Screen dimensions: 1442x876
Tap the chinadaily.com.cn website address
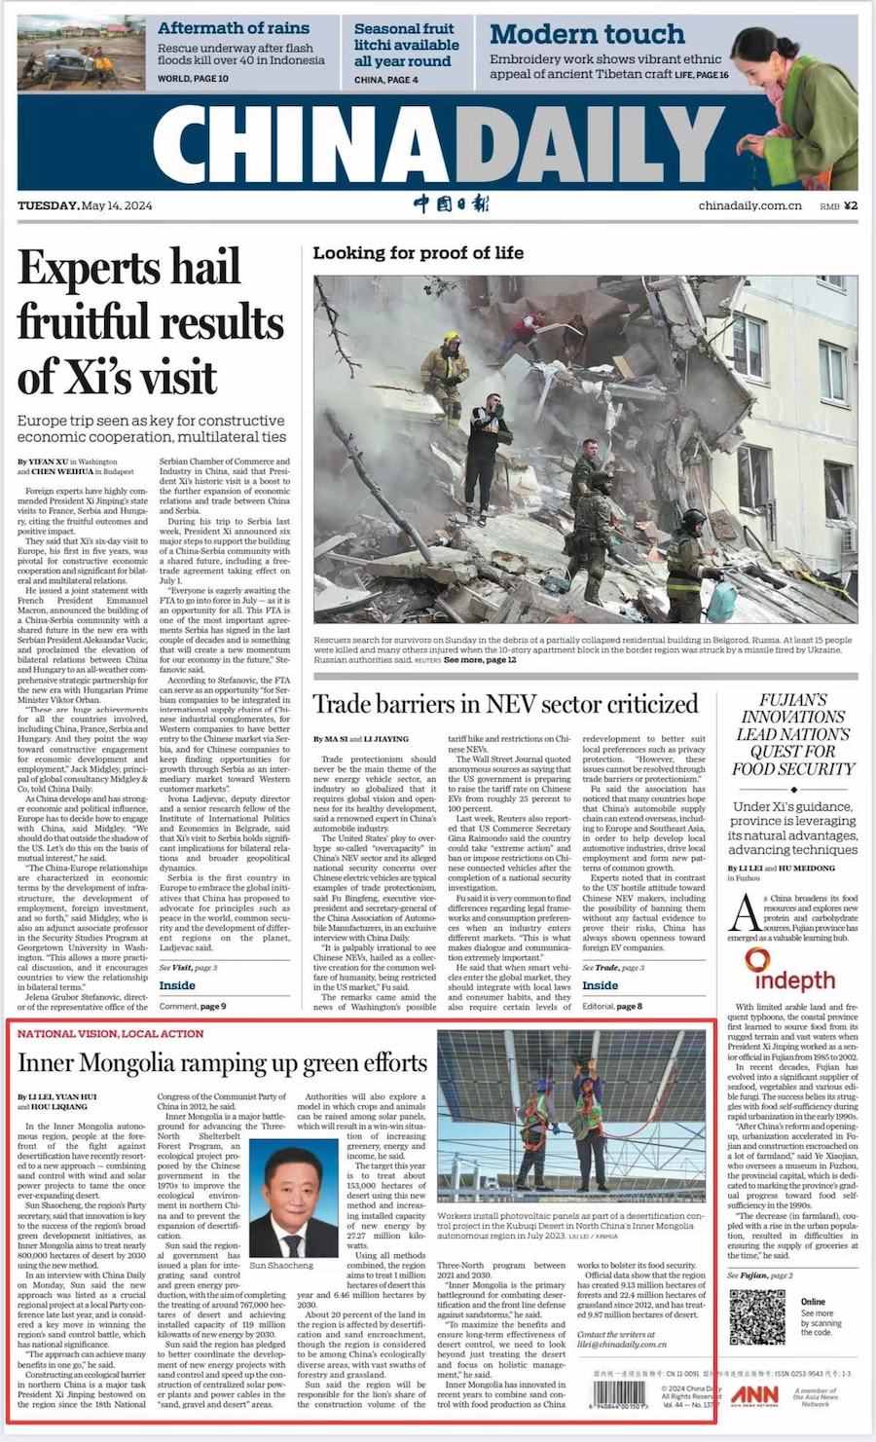coord(749,205)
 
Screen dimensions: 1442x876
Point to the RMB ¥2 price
coord(838,205)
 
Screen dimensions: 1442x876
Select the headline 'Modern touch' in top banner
coord(587,34)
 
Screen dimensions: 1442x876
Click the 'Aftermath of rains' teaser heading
coord(234,28)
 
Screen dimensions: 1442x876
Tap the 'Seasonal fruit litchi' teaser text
coord(406,45)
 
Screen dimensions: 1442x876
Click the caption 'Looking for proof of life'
coord(418,253)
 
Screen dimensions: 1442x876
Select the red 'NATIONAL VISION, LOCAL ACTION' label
coord(110,1033)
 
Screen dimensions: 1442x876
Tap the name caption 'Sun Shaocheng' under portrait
coord(282,1265)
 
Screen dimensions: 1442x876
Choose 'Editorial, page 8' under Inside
coord(611,1006)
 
